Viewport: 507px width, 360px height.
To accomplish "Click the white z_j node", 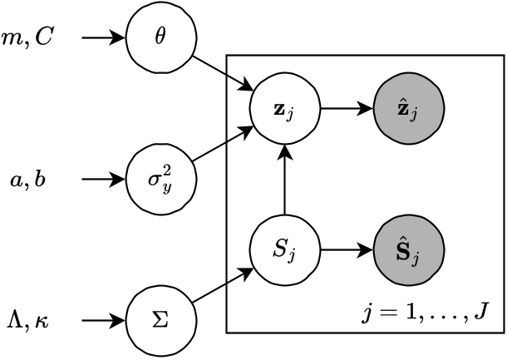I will click(284, 108).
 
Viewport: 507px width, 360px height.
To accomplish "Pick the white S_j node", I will click(284, 249).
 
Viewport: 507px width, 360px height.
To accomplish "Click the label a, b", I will click(29, 178).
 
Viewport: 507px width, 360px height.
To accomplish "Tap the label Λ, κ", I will click(30, 319).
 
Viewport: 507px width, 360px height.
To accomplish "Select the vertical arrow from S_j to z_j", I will click(284, 179).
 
